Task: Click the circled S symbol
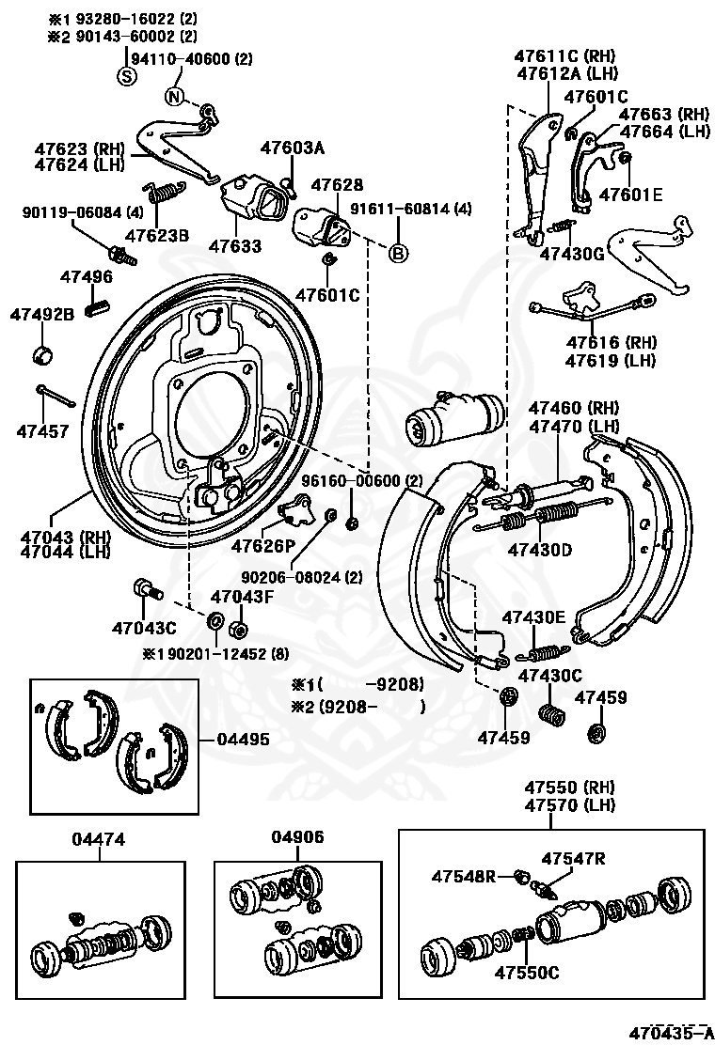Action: click(126, 77)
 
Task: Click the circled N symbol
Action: click(174, 97)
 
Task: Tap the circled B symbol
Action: click(398, 253)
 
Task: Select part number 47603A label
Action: click(293, 148)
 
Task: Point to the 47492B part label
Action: click(42, 315)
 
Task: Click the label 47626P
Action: click(262, 547)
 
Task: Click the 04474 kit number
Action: click(98, 839)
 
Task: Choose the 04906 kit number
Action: click(297, 836)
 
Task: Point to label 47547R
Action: click(574, 858)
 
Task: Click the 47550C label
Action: click(527, 973)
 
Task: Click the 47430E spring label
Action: click(533, 617)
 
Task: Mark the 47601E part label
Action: click(631, 195)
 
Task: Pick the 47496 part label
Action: click(87, 276)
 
